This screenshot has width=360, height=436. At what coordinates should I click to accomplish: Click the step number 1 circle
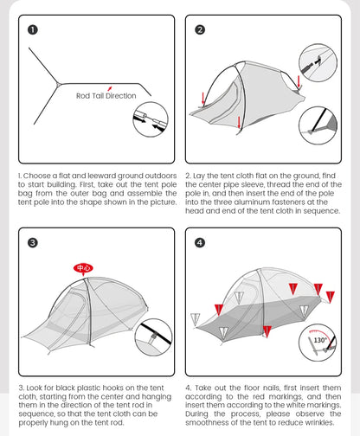33,29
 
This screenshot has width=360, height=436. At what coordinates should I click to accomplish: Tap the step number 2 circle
200,29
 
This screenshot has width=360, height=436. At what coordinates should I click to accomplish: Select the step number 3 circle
33,242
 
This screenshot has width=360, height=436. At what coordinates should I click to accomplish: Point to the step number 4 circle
200,242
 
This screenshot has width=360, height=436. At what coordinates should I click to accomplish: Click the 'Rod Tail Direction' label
106,95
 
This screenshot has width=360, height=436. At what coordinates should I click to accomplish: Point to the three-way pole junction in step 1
57,84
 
